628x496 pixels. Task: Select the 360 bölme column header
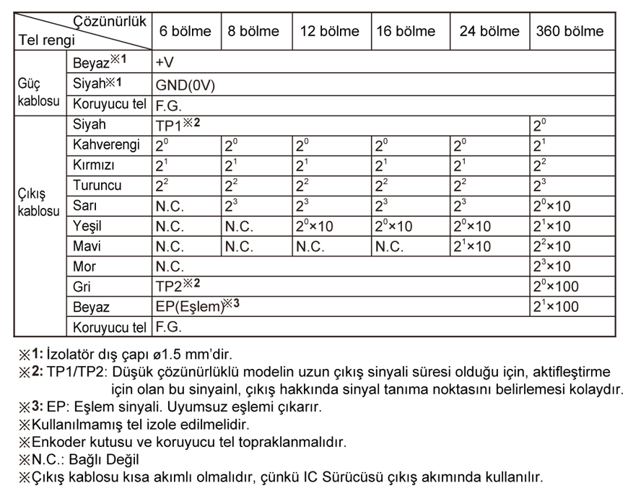point(570,32)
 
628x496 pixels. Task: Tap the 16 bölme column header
point(406,32)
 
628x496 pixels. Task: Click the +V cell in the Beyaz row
point(165,63)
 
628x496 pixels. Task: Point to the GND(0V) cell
point(185,84)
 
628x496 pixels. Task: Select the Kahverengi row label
point(108,145)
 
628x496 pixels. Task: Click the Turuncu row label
point(97,186)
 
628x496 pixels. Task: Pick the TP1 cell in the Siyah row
point(176,124)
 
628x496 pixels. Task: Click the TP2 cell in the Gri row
point(176,287)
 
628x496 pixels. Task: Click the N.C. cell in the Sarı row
point(171,206)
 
